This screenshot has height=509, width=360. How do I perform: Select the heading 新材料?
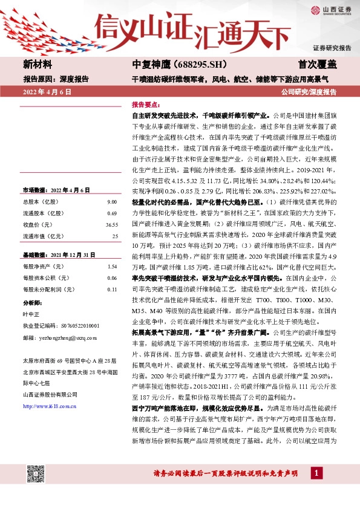point(38,63)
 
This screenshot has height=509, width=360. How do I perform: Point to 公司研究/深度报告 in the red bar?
point(309,92)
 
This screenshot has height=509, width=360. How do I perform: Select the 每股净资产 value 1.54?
point(111,267)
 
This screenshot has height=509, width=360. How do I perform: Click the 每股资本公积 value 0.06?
point(111,278)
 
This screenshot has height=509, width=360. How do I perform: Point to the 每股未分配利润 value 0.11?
point(111,290)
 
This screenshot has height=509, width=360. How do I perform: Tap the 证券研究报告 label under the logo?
point(332,47)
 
